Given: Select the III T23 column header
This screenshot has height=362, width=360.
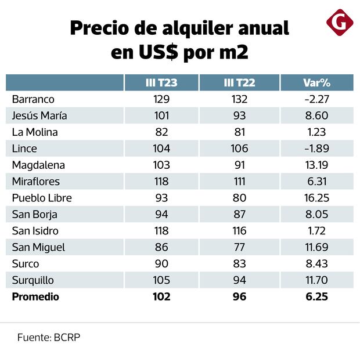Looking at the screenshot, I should click(x=161, y=83).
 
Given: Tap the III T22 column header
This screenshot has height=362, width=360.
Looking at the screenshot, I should click(x=239, y=83).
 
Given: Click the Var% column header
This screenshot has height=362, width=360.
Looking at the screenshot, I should click(x=316, y=83).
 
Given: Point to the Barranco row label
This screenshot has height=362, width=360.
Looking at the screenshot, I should click(x=34, y=99).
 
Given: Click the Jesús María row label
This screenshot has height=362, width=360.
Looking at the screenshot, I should click(x=39, y=115).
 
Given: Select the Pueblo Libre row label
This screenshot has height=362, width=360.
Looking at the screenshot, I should click(x=42, y=198).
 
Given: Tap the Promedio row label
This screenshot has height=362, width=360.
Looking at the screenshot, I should click(x=35, y=297).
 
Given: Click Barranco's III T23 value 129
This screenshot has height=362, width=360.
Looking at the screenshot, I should click(x=161, y=99).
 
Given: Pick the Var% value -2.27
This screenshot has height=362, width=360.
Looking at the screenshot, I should click(x=316, y=99).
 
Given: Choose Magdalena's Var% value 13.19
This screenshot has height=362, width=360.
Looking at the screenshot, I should click(x=316, y=165).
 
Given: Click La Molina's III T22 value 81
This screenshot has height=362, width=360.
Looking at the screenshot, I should click(x=239, y=132).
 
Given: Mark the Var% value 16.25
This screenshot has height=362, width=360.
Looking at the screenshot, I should click(x=316, y=198).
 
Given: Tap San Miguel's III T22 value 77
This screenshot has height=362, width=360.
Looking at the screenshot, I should click(x=239, y=247).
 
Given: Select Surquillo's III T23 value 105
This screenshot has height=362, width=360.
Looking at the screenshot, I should click(x=161, y=280).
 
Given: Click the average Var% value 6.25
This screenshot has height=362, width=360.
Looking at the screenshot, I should click(x=316, y=297).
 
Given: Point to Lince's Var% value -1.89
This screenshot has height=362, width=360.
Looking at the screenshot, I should click(x=316, y=149).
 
